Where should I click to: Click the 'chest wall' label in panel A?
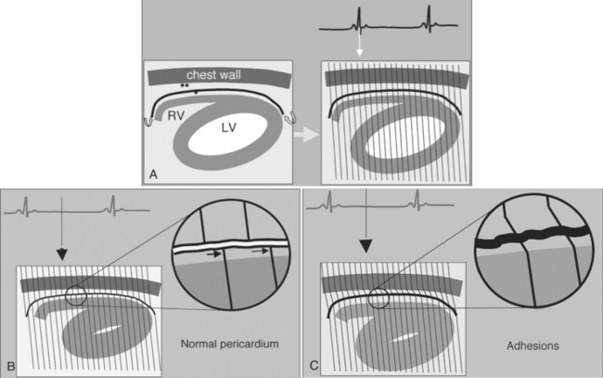pyautogui.click(x=214, y=74)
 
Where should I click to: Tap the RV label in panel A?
pyautogui.click(x=173, y=116)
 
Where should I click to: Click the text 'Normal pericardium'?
pyautogui.click(x=229, y=345)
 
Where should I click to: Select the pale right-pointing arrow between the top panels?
pyautogui.click(x=301, y=134)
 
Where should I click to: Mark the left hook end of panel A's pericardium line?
pyautogui.click(x=148, y=119)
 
